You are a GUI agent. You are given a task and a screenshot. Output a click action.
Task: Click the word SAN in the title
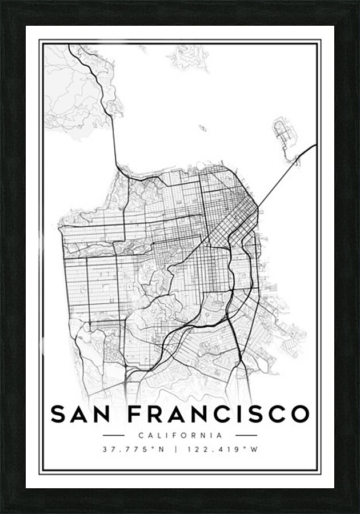82,414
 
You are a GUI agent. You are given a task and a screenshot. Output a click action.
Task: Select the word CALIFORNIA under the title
179,435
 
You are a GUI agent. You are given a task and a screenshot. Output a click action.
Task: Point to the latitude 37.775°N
134,449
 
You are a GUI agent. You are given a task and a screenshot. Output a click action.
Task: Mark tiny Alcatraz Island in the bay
202,128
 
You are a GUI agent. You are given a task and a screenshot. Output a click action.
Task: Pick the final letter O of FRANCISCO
299,414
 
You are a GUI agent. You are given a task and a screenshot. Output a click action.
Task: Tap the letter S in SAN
59,414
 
